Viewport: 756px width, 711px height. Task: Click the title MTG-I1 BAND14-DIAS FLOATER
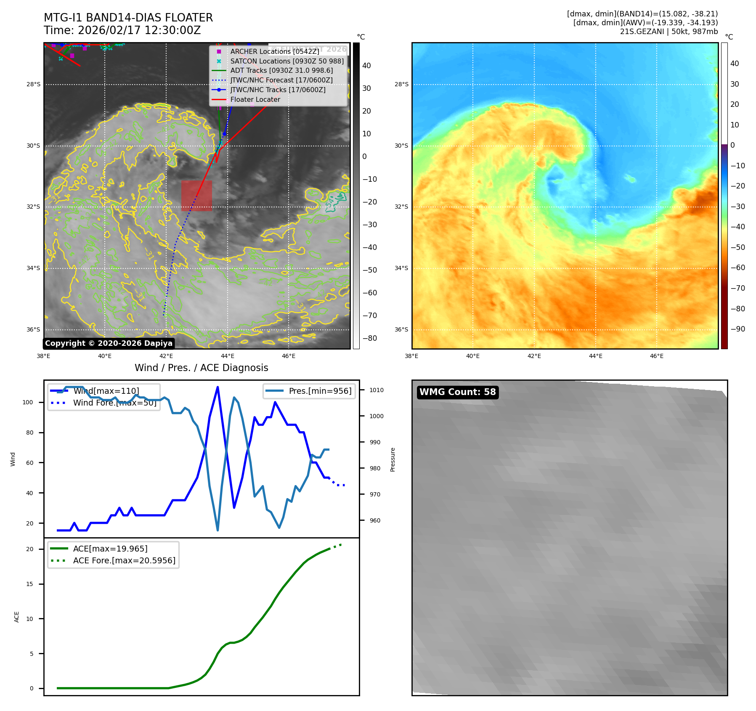[128, 18]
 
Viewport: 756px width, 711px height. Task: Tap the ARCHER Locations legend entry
[274, 51]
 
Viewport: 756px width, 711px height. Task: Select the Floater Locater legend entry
[255, 99]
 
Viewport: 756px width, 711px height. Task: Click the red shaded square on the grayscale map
[196, 196]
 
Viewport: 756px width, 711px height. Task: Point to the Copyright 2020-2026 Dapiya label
[109, 343]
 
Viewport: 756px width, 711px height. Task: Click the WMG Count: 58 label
[457, 392]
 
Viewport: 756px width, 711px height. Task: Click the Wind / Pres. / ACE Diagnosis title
[201, 368]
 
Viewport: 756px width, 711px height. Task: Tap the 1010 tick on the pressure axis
[377, 390]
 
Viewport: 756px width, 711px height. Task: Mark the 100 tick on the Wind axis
[28, 402]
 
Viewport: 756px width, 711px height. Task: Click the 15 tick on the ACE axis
[29, 584]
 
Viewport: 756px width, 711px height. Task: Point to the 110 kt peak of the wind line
[218, 387]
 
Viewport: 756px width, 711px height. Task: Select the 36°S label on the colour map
[401, 329]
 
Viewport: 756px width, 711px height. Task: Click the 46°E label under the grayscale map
[289, 356]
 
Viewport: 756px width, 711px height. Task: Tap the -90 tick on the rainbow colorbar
[737, 329]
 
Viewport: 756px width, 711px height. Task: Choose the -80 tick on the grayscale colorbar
[369, 338]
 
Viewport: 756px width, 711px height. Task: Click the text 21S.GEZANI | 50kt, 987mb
[668, 32]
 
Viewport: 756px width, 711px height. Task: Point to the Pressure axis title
[393, 459]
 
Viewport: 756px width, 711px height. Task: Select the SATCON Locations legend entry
[286, 61]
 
